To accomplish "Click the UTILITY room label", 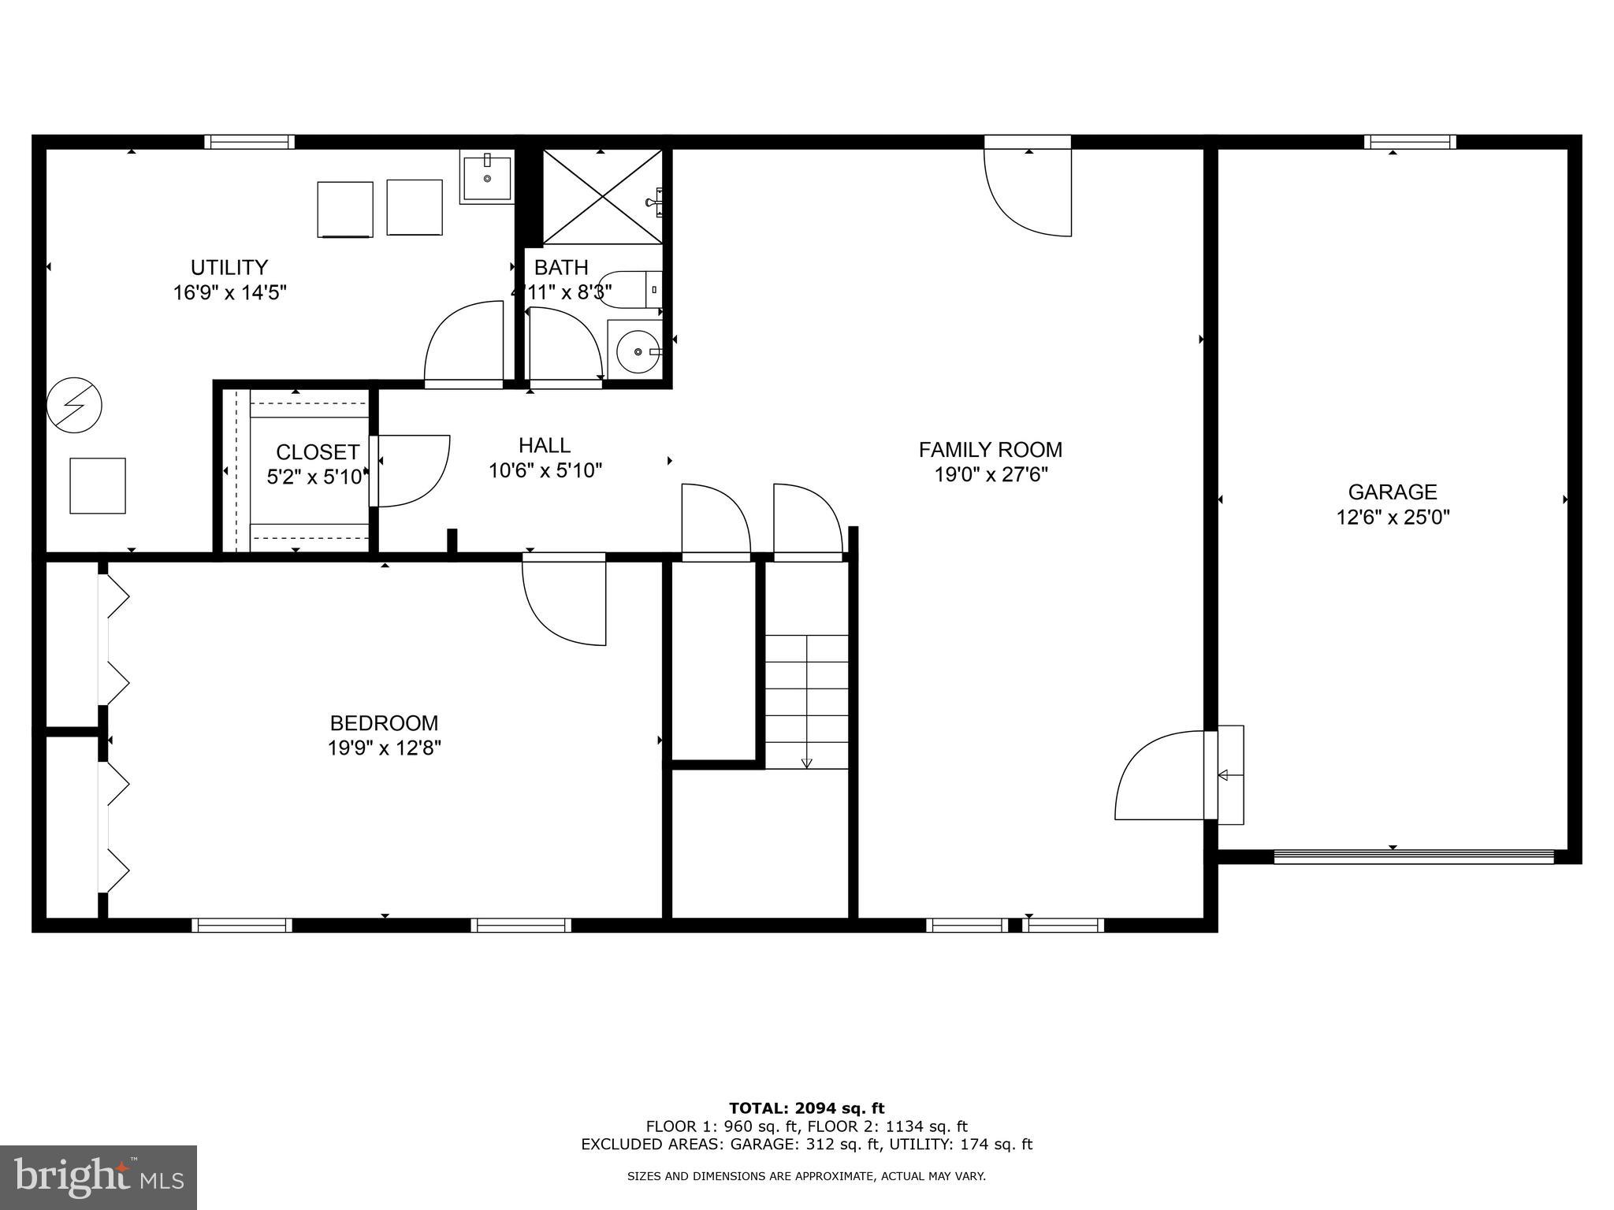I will [229, 267].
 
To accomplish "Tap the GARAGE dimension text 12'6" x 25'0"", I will [1393, 518].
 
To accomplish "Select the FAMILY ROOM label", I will [990, 450].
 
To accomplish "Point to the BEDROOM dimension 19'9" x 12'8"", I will [384, 748].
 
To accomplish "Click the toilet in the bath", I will [630, 289].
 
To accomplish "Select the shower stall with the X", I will [602, 196].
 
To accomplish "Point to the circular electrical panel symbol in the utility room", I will [74, 406].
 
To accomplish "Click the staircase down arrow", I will [806, 761].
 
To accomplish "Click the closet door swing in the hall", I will [411, 470].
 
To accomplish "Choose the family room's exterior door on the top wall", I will [1028, 189].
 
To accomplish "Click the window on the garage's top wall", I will [1410, 142].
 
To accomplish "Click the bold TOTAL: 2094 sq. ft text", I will [806, 1108].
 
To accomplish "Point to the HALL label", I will [545, 445].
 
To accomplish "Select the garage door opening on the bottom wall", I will [1413, 856].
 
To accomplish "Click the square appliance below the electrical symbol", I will [98, 486].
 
